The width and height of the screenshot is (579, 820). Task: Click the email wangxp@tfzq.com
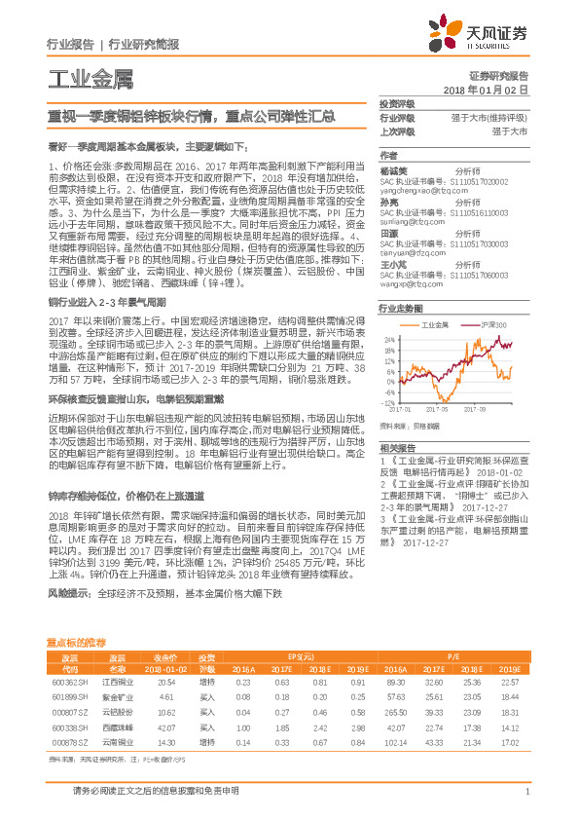pyautogui.click(x=409, y=284)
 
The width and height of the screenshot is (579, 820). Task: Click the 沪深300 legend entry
pyautogui.click(x=491, y=322)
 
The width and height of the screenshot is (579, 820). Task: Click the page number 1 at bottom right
pyautogui.click(x=526, y=792)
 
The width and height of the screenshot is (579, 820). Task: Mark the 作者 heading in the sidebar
pyautogui.click(x=388, y=155)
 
